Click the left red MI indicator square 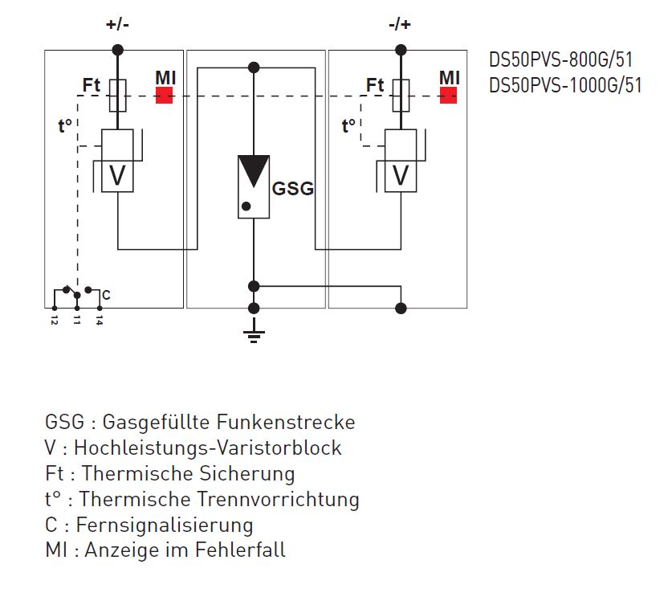click(165, 96)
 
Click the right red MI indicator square click(448, 96)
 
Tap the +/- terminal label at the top click(117, 24)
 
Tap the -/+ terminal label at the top click(399, 24)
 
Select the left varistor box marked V click(117, 175)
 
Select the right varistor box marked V click(401, 175)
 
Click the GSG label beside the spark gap click(293, 190)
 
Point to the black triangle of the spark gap click(253, 171)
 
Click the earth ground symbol click(254, 333)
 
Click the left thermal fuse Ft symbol click(117, 95)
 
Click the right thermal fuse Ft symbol click(401, 95)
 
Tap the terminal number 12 click(54, 320)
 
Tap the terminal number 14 click(99, 320)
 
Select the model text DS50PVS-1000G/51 click(565, 85)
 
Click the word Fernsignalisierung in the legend click(165, 525)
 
